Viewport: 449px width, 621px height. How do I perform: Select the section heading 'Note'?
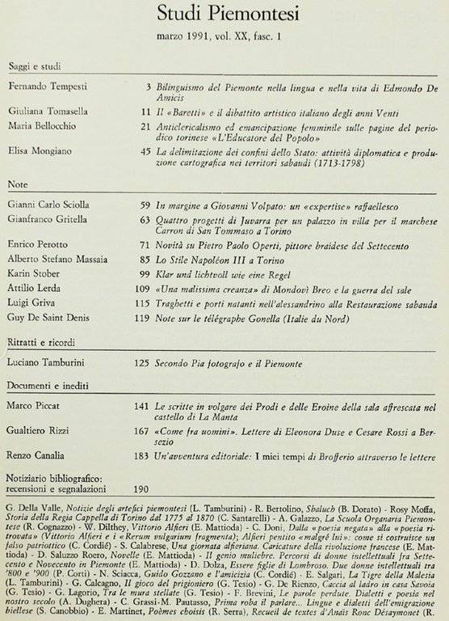(x=19, y=185)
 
